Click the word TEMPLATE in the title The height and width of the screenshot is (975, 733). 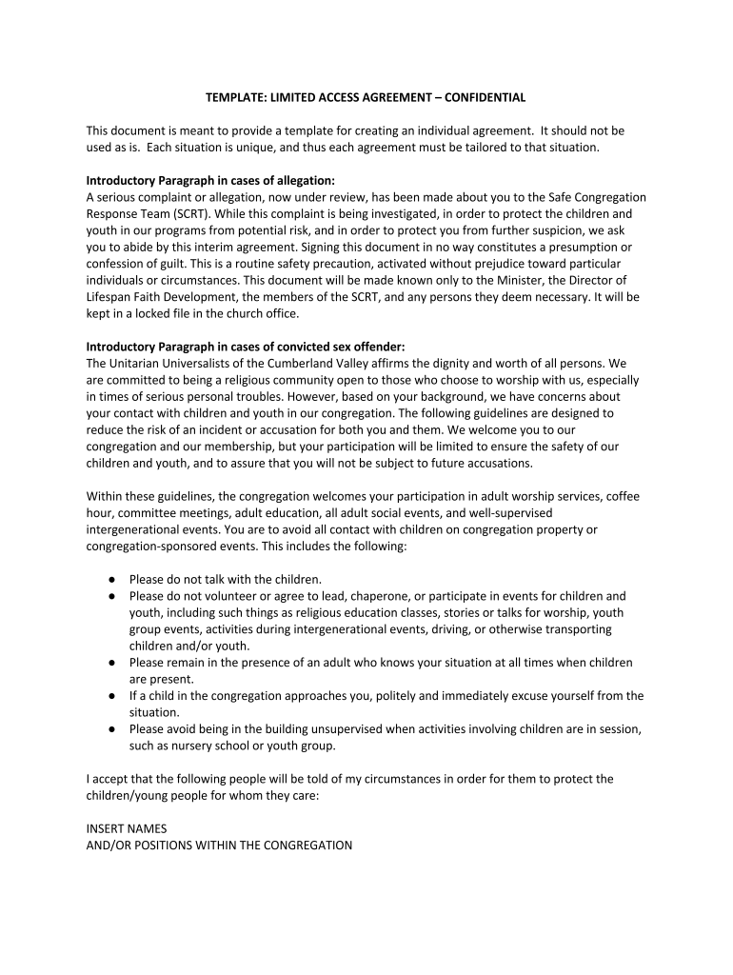click(x=234, y=97)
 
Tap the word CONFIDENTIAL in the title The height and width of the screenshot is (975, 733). click(x=479, y=97)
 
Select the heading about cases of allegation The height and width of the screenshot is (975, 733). click(x=210, y=180)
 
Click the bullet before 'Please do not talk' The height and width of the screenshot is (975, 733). click(x=111, y=579)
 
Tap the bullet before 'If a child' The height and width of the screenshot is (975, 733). click(x=111, y=696)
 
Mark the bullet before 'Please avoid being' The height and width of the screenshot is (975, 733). click(x=111, y=729)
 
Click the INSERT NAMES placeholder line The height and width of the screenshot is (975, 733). click(x=127, y=828)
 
